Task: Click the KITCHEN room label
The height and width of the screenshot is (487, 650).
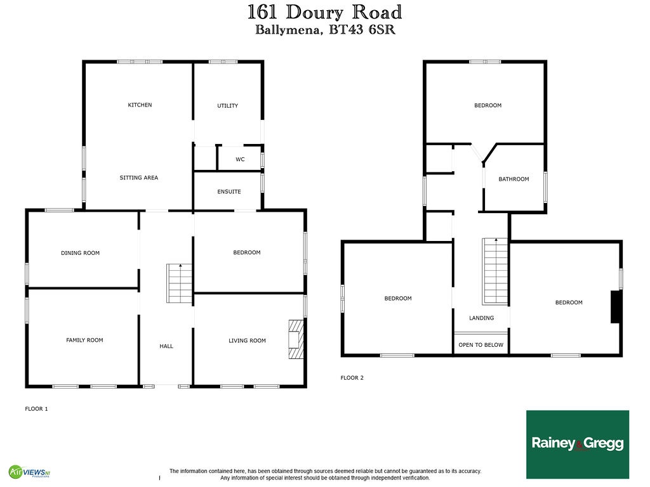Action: [x=140, y=105]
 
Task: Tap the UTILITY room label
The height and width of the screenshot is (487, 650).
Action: [x=228, y=106]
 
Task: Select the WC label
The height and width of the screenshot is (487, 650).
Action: [x=240, y=159]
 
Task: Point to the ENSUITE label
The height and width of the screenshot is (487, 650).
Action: [x=229, y=192]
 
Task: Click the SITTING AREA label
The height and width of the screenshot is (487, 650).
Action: [x=139, y=178]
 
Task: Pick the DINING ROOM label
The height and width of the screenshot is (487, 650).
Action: [x=80, y=253]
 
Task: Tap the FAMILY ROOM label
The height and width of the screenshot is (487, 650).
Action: [x=84, y=340]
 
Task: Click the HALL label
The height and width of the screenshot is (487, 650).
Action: [x=166, y=346]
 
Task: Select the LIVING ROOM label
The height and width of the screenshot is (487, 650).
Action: [x=247, y=341]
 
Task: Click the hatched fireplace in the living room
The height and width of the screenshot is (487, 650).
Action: [x=296, y=339]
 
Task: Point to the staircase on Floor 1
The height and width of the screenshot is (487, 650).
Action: [x=180, y=283]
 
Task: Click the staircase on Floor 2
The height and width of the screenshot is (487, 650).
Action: [x=495, y=271]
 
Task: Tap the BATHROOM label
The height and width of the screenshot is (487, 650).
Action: [x=514, y=179]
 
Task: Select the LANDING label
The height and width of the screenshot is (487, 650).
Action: [x=481, y=318]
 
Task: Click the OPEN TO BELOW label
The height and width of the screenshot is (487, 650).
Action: [x=481, y=344]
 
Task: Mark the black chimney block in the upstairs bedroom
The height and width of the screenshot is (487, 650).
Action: [x=616, y=307]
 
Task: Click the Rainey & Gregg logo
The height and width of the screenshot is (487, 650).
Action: [x=578, y=444]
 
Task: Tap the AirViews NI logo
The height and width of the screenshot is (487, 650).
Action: [x=29, y=472]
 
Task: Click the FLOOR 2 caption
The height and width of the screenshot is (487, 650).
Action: [x=352, y=378]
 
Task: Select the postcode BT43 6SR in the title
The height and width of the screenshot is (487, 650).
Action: [x=362, y=30]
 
